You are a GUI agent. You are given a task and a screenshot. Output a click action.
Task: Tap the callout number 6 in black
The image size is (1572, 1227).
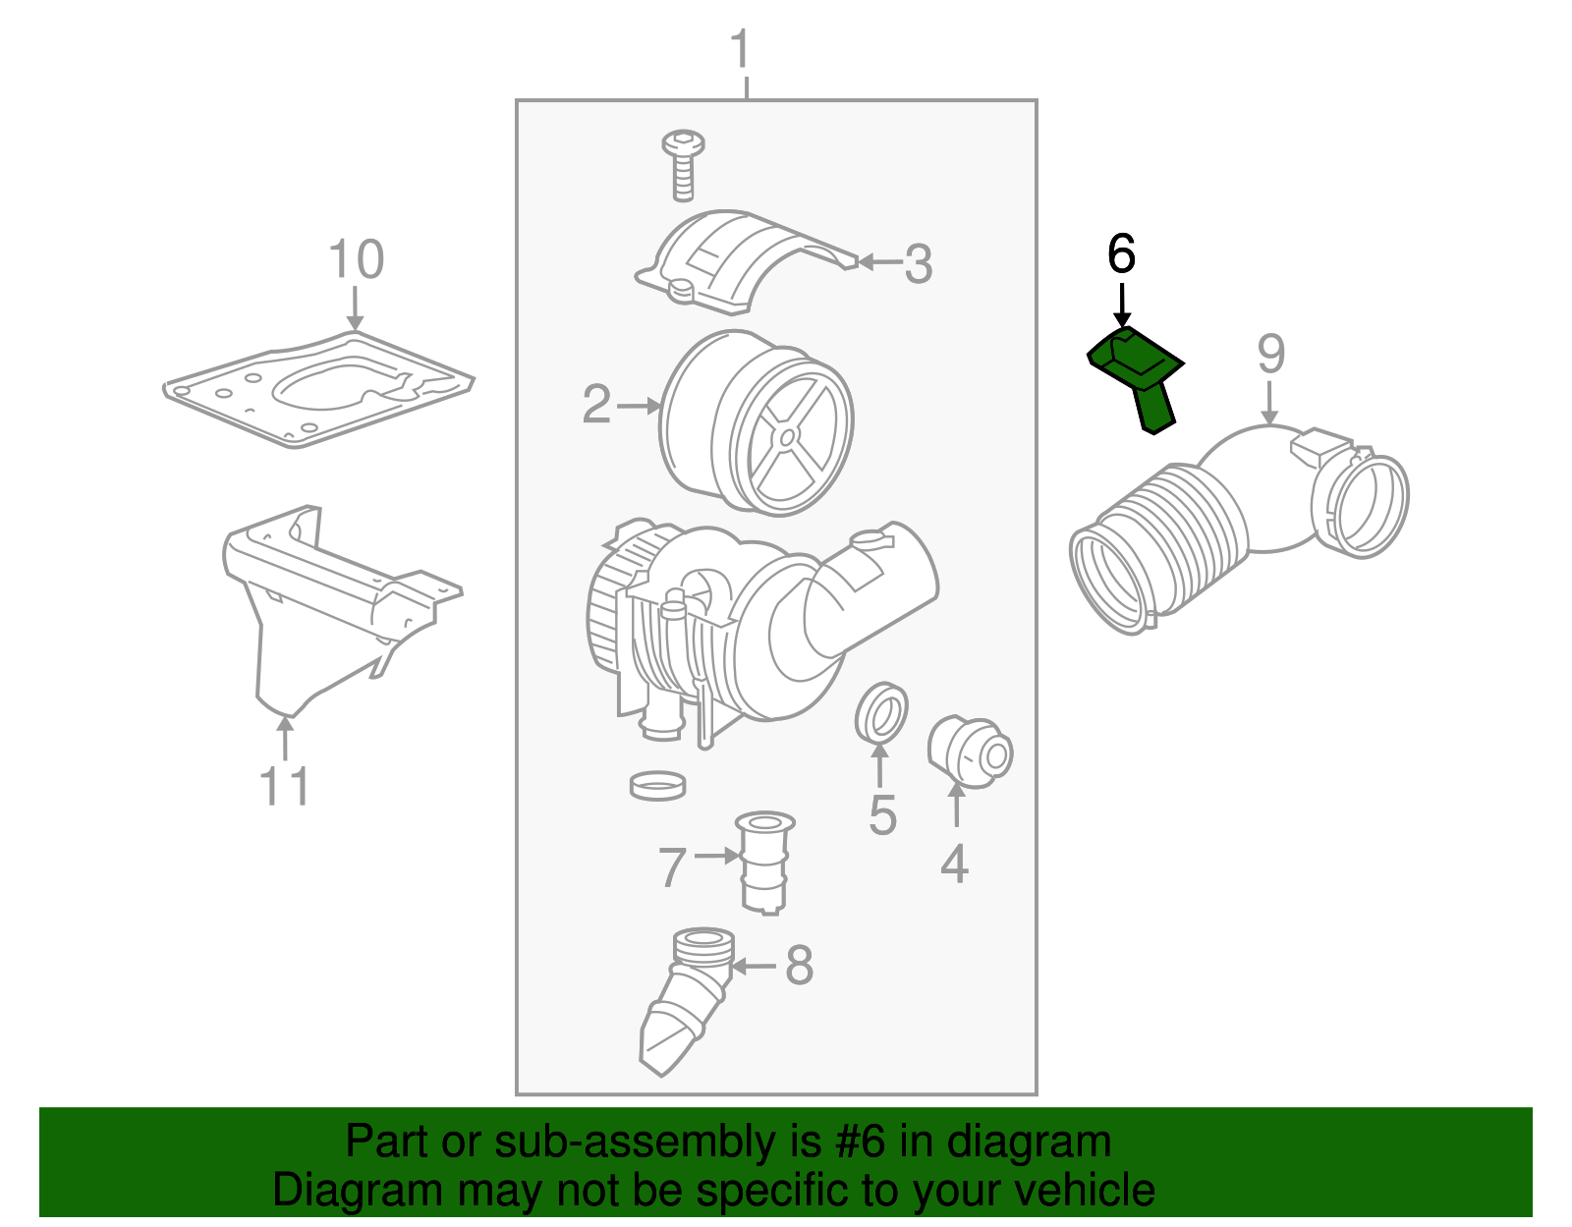(x=1121, y=254)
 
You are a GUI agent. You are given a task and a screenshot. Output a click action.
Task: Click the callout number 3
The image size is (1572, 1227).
(x=918, y=263)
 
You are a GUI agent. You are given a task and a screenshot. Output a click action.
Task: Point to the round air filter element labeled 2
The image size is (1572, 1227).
(x=757, y=422)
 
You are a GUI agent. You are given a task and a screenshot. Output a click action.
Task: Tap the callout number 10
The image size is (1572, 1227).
(x=356, y=260)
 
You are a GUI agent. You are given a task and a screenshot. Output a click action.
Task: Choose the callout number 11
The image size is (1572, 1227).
(x=285, y=787)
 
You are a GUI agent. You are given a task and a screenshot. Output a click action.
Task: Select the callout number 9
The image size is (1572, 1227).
(x=1270, y=354)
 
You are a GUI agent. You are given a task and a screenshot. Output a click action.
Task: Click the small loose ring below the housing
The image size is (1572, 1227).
(x=657, y=785)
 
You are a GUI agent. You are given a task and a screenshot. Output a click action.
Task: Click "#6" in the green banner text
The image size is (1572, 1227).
(x=861, y=1143)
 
